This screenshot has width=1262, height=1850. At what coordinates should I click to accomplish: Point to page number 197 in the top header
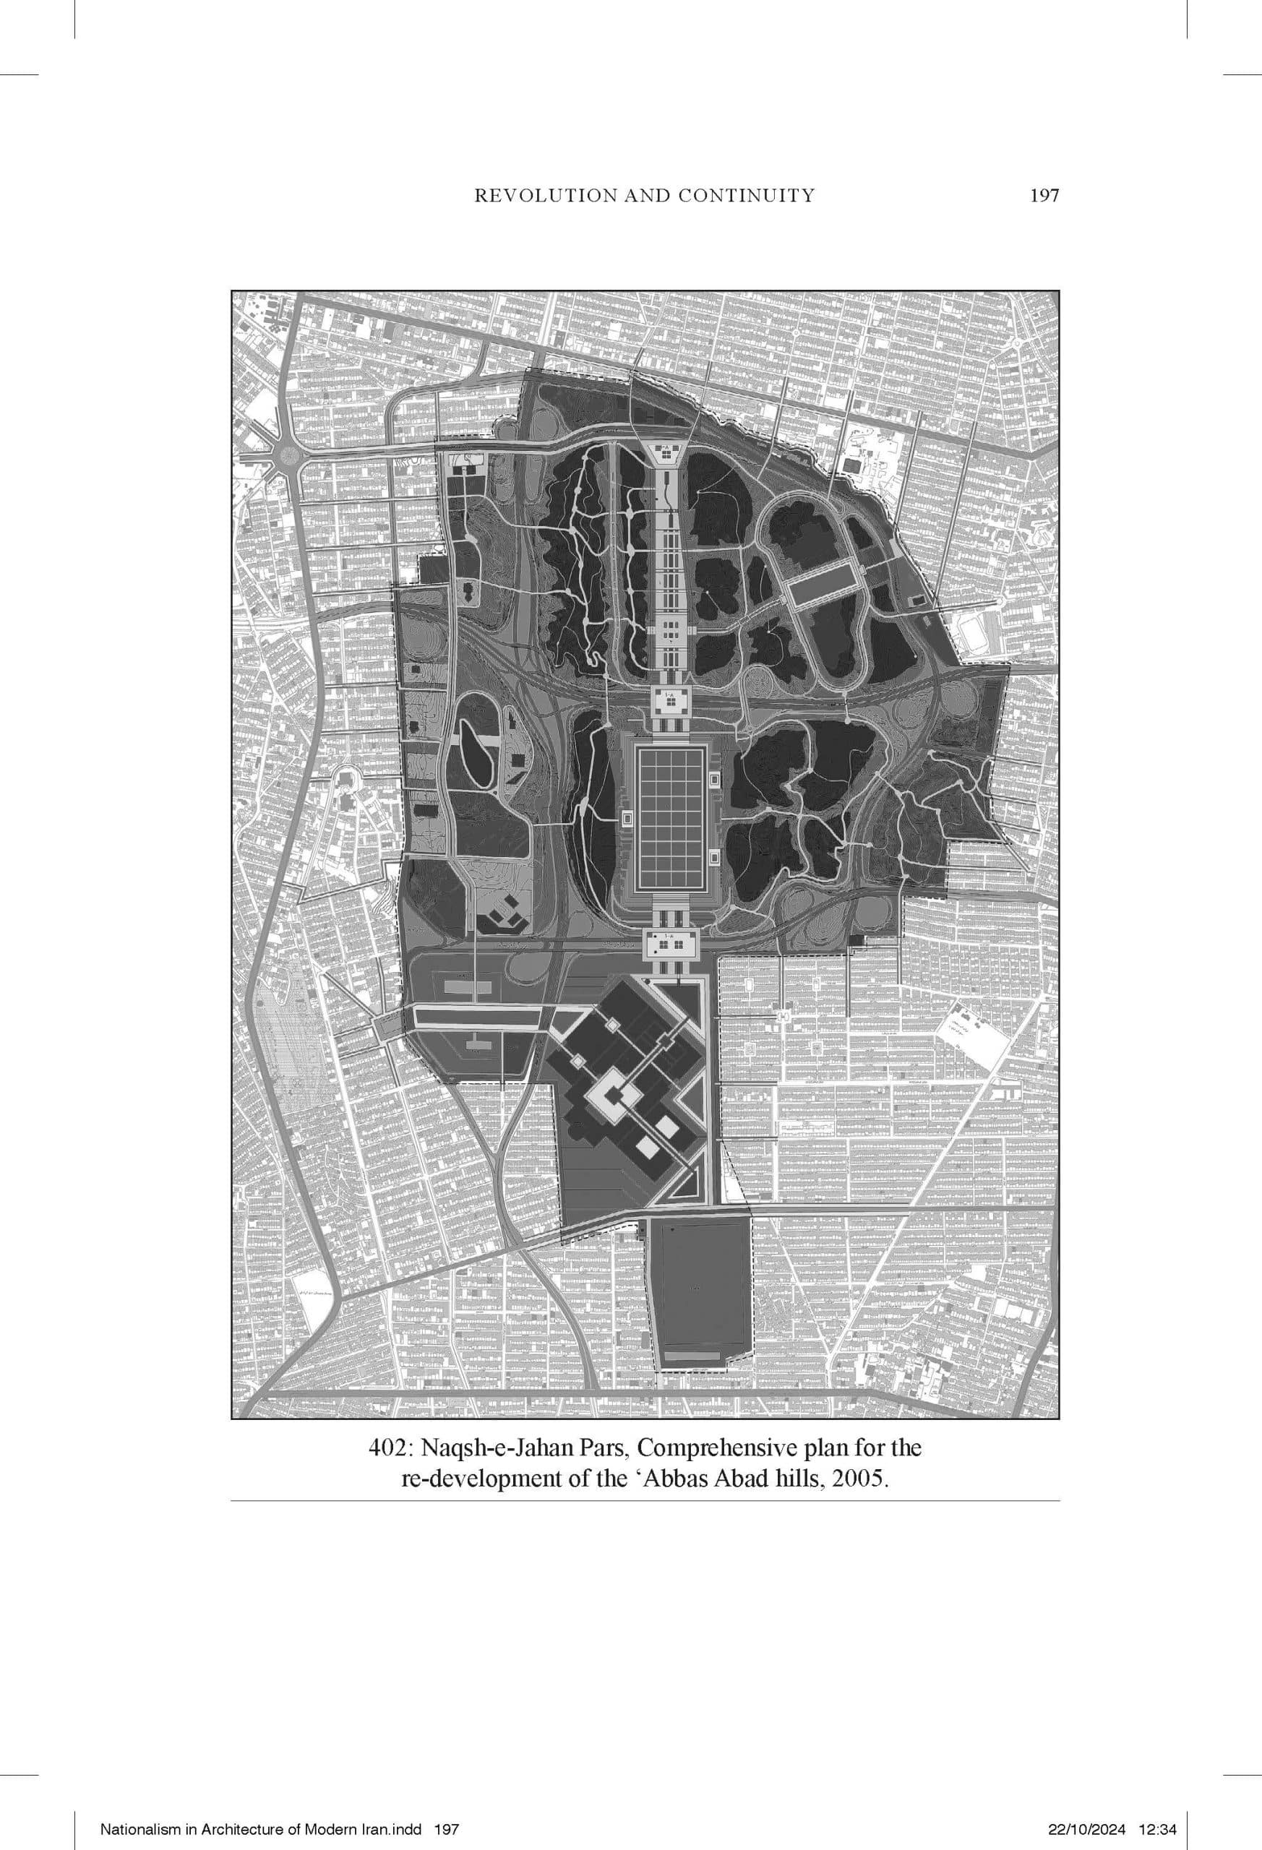click(1044, 195)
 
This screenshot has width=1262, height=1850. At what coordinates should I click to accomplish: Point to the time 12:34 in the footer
click(1160, 1808)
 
